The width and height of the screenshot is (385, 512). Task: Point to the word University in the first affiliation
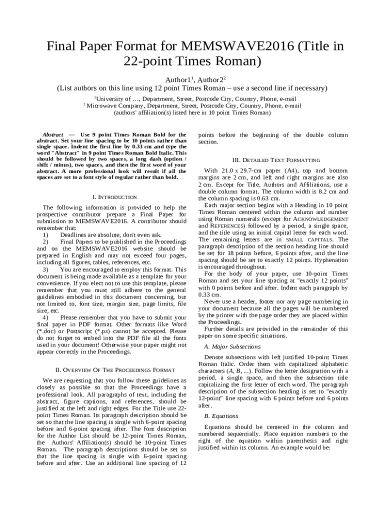click(x=114, y=99)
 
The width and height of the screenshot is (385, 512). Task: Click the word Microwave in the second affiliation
click(x=104, y=106)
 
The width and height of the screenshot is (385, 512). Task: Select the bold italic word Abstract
click(x=53, y=135)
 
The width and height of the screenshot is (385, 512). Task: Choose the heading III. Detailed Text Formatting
click(x=273, y=160)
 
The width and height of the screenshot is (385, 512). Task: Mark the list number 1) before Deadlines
click(x=45, y=234)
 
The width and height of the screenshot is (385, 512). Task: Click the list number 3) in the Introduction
click(x=45, y=269)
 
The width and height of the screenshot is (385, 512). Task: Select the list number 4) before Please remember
click(x=45, y=317)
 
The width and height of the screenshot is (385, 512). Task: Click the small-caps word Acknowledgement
click(x=323, y=219)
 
